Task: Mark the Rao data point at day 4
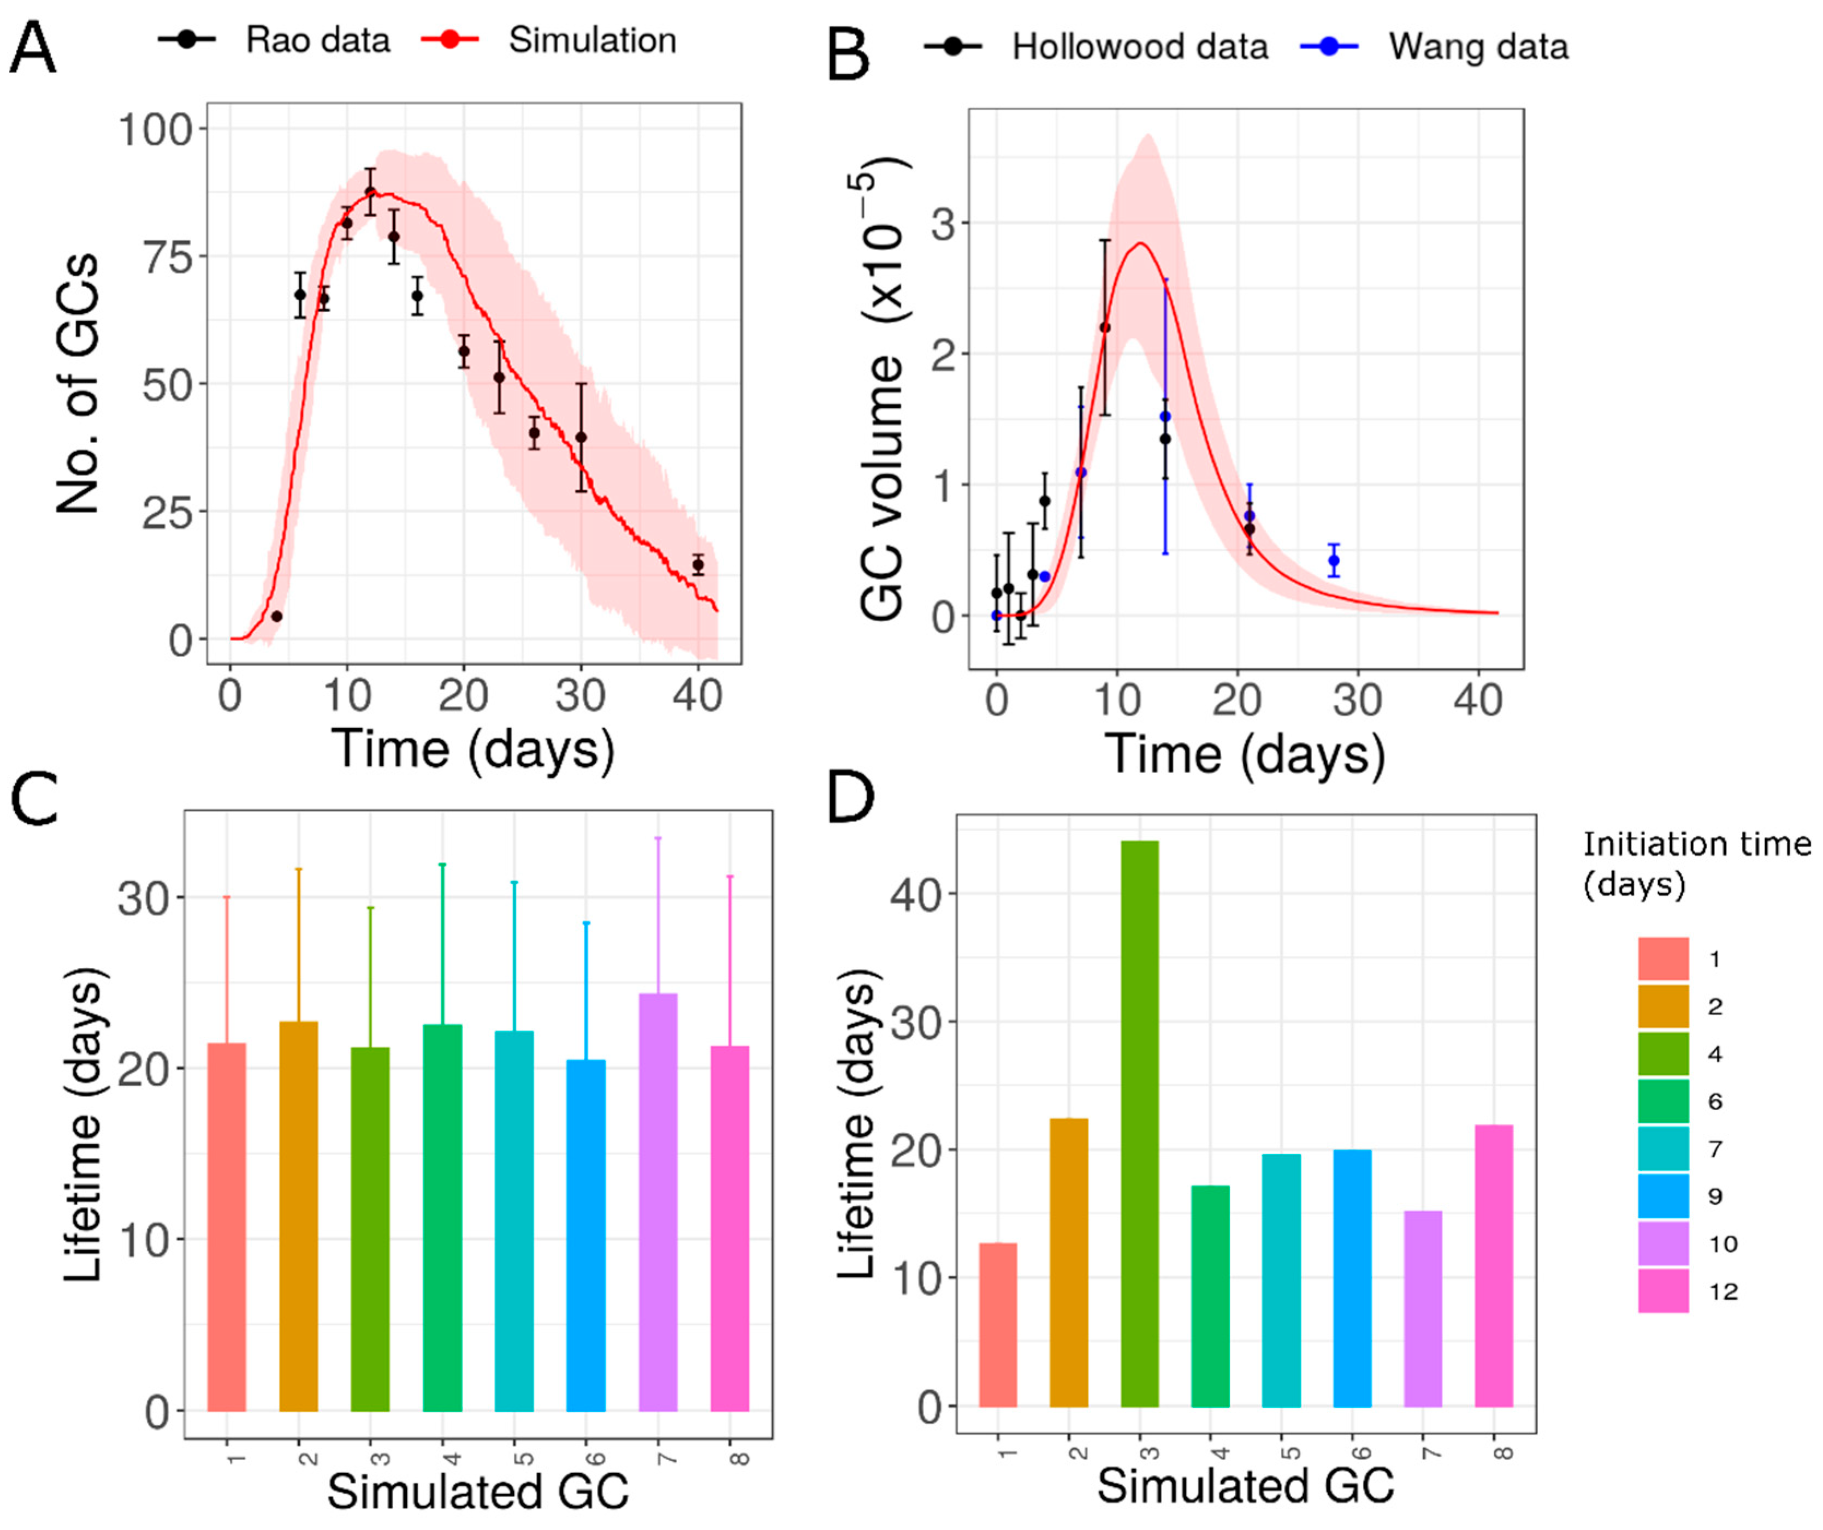[277, 616]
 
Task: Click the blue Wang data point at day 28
[1334, 561]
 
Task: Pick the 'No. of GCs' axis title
[78, 384]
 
